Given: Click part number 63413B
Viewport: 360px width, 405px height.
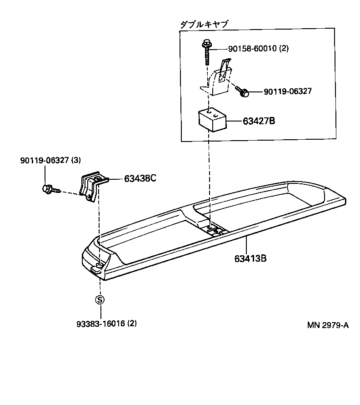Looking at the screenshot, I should [x=250, y=259].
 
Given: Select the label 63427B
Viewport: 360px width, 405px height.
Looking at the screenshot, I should [x=259, y=121].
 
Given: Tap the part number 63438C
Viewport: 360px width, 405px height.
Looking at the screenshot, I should [x=140, y=178].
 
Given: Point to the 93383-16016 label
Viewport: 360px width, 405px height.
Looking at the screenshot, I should [x=100, y=324].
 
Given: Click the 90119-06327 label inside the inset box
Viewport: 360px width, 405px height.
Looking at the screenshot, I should [x=288, y=91].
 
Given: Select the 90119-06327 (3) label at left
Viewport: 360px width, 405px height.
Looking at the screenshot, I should [x=45, y=161].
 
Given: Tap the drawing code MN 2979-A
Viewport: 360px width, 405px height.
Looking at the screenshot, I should [x=327, y=325].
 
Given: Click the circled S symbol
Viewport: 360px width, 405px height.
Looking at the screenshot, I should [x=100, y=299].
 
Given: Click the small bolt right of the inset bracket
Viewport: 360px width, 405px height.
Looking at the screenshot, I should [x=244, y=92].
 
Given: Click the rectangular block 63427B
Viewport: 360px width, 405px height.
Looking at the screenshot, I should [x=212, y=119].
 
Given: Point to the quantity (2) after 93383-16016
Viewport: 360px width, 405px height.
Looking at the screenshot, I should [x=132, y=324].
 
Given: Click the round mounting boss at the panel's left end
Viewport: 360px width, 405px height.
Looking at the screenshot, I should [x=100, y=265].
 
